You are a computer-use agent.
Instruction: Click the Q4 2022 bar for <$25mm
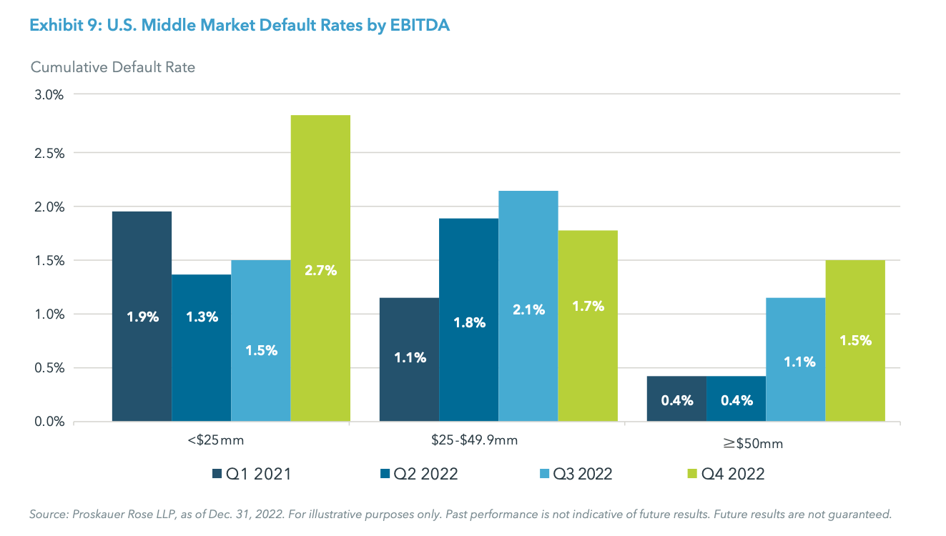320,214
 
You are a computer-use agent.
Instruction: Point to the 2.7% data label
320,271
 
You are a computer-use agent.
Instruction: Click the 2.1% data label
528,309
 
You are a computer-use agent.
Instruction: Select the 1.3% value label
202,317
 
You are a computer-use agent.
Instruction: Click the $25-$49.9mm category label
475,440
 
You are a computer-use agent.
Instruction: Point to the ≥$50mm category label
753,444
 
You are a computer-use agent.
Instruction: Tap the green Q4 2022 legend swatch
691,474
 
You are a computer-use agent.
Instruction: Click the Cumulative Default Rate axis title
113,67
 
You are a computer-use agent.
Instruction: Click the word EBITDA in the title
419,26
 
